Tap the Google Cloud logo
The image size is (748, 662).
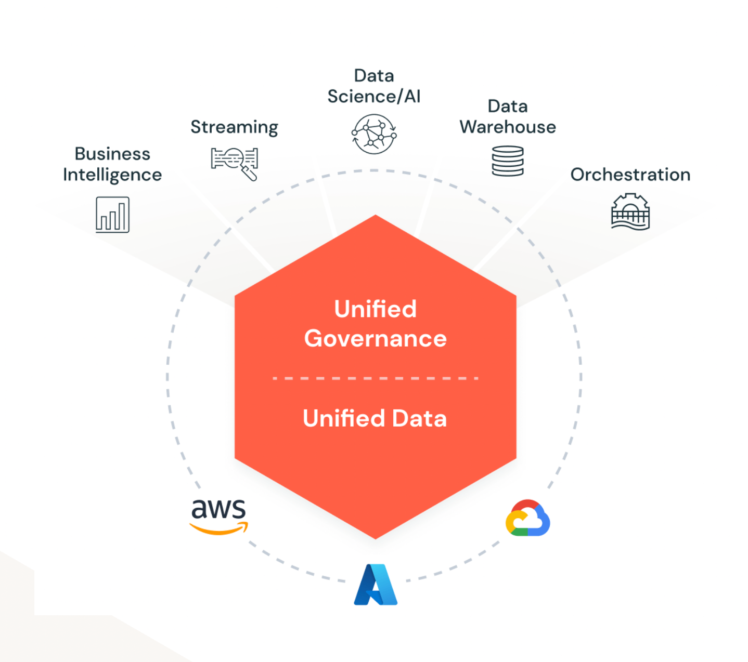pyautogui.click(x=527, y=519)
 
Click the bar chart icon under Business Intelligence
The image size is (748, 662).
pyautogui.click(x=112, y=215)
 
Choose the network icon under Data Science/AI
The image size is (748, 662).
pyautogui.click(x=374, y=134)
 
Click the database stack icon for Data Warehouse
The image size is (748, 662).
pyautogui.click(x=508, y=161)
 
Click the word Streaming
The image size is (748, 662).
pyautogui.click(x=234, y=127)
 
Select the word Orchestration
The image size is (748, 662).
pyautogui.click(x=630, y=175)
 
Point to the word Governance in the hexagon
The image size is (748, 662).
pyautogui.click(x=375, y=339)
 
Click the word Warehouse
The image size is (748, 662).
pyautogui.click(x=508, y=127)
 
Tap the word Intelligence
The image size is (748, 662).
pyautogui.click(x=112, y=175)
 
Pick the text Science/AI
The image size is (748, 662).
pyautogui.click(x=373, y=97)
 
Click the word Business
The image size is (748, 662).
pyautogui.click(x=112, y=154)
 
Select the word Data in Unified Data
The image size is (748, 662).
pyautogui.click(x=419, y=418)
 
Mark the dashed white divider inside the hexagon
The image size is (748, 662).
pyautogui.click(x=375, y=378)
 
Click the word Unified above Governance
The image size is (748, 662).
pyautogui.click(x=375, y=309)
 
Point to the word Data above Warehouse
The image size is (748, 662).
pyautogui.click(x=508, y=107)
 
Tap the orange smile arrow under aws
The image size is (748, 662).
pyautogui.click(x=218, y=529)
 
